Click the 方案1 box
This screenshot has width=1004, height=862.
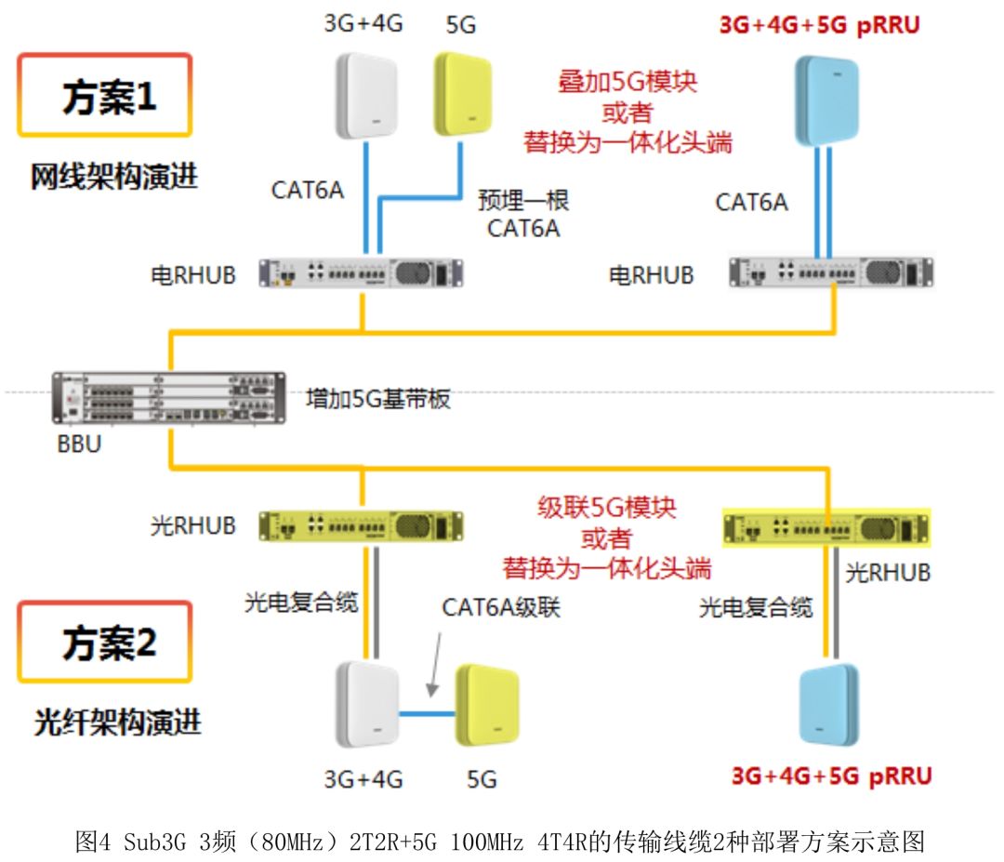[x=104, y=96]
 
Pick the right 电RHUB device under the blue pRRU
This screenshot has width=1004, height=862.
[x=831, y=272]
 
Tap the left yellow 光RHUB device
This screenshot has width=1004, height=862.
[x=362, y=525]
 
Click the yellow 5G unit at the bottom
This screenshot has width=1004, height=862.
[x=488, y=704]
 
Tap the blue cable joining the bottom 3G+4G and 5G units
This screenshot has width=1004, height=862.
[x=429, y=714]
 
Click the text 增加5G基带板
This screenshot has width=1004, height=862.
[x=378, y=400]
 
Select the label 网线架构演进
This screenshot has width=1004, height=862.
[x=114, y=177]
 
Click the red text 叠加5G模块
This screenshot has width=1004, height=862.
[x=627, y=81]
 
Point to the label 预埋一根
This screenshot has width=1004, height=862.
[x=523, y=201]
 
